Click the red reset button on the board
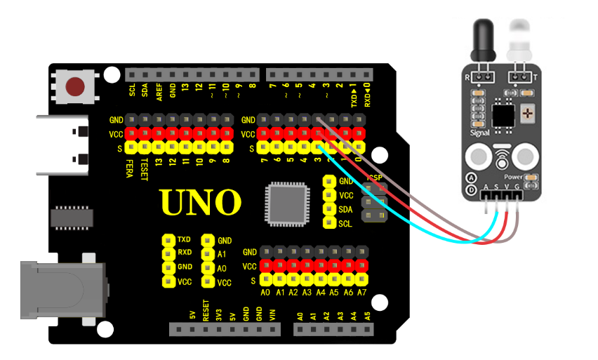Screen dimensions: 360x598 point(75,87)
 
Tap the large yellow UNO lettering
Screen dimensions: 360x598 point(201,202)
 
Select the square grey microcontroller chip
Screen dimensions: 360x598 point(286,204)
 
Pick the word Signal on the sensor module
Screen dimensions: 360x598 point(479,131)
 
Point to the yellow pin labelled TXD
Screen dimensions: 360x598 point(168,240)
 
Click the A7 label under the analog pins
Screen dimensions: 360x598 point(361,293)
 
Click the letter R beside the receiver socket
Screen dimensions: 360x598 point(468,76)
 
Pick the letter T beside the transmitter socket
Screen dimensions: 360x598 point(536,76)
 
